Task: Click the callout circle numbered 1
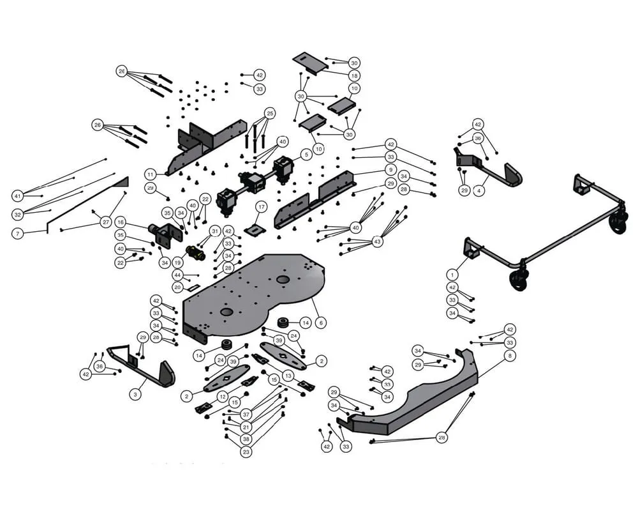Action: tap(452, 275)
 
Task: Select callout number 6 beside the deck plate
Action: tap(321, 323)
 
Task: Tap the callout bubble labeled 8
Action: tap(509, 356)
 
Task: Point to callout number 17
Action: tap(260, 206)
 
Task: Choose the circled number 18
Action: tap(354, 75)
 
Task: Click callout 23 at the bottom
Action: tap(246, 452)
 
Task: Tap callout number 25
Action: tap(270, 113)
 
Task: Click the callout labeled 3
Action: tap(135, 395)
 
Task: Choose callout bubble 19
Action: tap(177, 262)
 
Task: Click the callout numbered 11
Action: tap(150, 174)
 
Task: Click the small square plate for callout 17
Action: tap(255, 229)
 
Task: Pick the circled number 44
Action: tap(177, 275)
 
